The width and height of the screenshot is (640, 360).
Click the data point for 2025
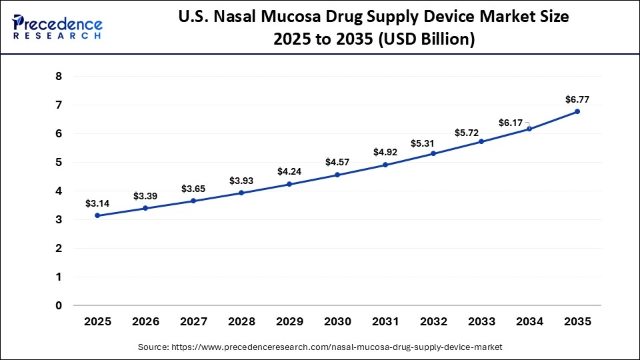point(98,215)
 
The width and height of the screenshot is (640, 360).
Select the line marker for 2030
point(337,175)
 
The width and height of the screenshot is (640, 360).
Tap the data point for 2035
point(577,111)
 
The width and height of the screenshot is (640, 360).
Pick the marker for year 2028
point(241,193)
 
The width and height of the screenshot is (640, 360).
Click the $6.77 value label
point(577,99)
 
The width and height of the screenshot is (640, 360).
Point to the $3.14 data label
point(97,203)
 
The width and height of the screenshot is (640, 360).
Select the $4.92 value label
point(385,153)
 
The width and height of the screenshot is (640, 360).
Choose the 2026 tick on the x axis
point(146,321)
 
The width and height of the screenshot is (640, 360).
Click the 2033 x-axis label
point(481,321)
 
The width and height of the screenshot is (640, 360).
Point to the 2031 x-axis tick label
point(385,321)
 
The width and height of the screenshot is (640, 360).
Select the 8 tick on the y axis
point(59,77)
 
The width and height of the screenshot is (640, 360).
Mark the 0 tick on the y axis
point(59,305)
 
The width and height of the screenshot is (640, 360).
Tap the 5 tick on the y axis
point(59,163)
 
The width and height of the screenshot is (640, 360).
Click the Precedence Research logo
point(57,27)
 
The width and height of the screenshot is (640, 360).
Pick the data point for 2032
point(433,153)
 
